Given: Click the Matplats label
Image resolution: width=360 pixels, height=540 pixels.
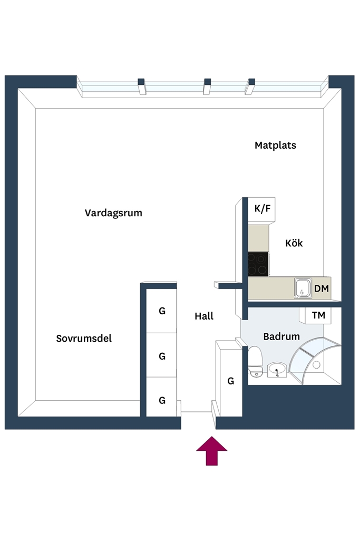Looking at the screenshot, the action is click(275, 146).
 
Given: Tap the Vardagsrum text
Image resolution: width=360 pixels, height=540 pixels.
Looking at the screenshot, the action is click(113, 213).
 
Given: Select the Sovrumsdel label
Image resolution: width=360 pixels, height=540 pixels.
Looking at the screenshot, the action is click(84, 339).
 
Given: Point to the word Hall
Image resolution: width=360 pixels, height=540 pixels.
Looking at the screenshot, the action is click(204, 316).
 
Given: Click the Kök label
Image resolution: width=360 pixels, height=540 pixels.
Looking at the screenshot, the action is click(294, 243).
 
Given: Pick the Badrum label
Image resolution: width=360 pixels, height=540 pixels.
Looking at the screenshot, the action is click(281, 336).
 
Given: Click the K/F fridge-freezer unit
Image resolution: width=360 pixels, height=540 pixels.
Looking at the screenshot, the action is click(261, 210).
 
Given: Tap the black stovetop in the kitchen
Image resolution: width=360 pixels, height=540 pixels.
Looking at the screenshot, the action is click(258, 264).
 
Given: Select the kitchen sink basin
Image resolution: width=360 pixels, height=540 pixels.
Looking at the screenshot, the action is click(303, 288).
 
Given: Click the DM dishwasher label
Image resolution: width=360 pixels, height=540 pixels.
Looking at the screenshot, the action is click(322, 288).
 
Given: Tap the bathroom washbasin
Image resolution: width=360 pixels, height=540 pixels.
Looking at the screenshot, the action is click(277, 370).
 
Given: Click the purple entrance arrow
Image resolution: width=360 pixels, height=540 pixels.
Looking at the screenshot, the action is click(212, 451).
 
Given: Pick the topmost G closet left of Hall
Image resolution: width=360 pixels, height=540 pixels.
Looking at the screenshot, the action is click(161, 311).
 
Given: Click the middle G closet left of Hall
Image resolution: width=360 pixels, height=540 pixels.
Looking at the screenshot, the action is click(161, 355).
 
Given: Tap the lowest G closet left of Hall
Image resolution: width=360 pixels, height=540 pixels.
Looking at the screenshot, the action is click(161, 400).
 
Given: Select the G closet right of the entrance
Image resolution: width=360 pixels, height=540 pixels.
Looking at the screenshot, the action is click(231, 381).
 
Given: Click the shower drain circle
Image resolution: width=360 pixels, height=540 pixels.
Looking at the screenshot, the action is click(316, 364).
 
